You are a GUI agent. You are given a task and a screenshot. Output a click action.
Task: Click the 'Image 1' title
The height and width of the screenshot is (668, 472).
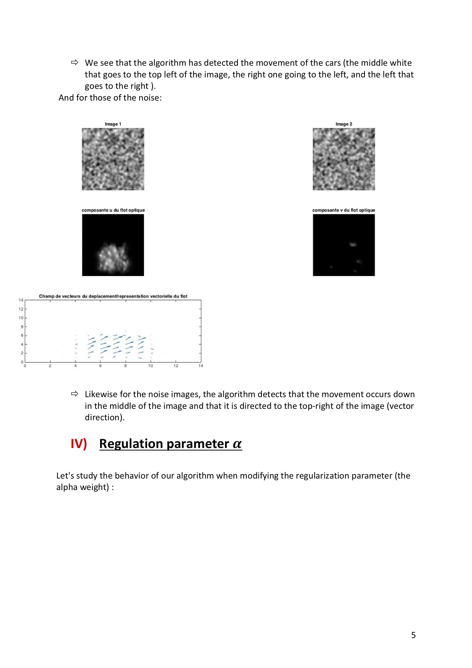pyautogui.click(x=113, y=124)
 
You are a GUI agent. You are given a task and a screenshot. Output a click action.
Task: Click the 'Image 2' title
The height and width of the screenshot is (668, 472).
pyautogui.click(x=344, y=124)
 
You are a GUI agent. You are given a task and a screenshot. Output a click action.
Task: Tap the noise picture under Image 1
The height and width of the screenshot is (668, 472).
pyautogui.click(x=113, y=159)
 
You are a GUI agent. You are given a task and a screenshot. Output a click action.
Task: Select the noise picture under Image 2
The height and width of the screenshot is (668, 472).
pyautogui.click(x=344, y=159)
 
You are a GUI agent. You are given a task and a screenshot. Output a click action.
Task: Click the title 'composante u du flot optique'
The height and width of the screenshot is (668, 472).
pyautogui.click(x=113, y=210)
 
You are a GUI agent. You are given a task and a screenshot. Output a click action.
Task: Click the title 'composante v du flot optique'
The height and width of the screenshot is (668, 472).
pyautogui.click(x=344, y=210)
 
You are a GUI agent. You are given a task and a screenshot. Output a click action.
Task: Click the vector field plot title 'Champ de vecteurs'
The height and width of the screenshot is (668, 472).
pyautogui.click(x=113, y=296)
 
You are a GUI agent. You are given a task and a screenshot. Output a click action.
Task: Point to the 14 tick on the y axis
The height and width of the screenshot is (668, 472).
pyautogui.click(x=21, y=300)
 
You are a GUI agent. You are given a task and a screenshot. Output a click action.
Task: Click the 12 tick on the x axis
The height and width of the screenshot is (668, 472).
pyautogui.click(x=176, y=366)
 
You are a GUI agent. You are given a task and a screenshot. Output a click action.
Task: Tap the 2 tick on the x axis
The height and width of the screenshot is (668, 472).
pyautogui.click(x=50, y=366)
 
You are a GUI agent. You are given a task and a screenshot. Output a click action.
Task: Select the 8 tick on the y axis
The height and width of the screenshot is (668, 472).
pyautogui.click(x=21, y=327)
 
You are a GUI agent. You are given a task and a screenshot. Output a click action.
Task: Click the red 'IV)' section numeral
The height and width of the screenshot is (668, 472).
pyautogui.click(x=79, y=444)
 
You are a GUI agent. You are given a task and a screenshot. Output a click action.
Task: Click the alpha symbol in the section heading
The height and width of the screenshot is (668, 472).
pyautogui.click(x=237, y=444)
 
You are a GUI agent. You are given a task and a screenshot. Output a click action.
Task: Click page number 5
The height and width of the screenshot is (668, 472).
pyautogui.click(x=413, y=635)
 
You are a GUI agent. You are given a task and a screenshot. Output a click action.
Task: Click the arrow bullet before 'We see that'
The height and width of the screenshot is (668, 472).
pyautogui.click(x=75, y=63)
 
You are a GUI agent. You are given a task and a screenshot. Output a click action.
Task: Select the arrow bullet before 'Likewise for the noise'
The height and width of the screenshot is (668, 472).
pyautogui.click(x=75, y=394)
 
